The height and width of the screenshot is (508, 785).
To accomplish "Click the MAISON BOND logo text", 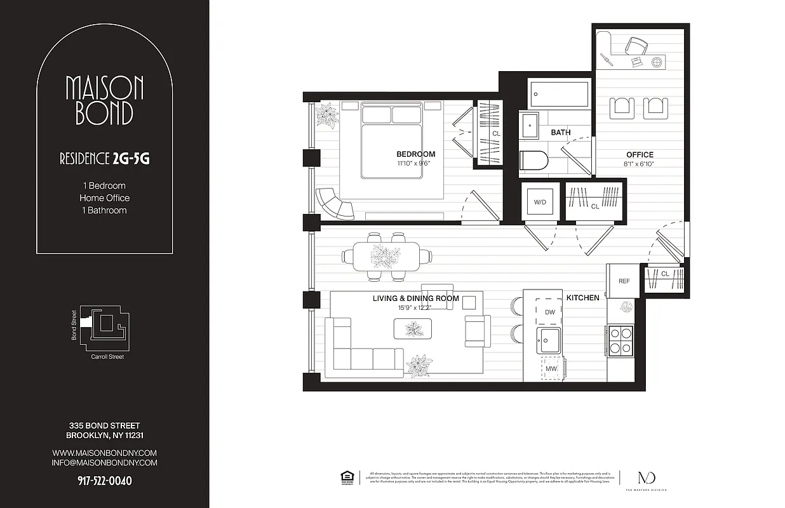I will (x=105, y=100).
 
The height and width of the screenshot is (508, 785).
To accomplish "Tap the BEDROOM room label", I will (x=415, y=154).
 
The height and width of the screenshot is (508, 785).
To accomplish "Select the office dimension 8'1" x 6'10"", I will (x=640, y=164).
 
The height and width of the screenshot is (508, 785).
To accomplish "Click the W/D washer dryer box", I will (x=540, y=203).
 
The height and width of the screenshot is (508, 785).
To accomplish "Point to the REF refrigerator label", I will (x=624, y=281).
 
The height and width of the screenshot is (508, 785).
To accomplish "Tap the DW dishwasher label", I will (x=550, y=312).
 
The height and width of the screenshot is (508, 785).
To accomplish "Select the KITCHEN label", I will (x=582, y=297).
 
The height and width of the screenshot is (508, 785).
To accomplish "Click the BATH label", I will (x=560, y=133).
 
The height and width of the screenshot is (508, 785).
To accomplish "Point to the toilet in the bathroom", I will (x=533, y=161).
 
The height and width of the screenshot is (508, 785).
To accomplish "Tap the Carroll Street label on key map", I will (x=107, y=357).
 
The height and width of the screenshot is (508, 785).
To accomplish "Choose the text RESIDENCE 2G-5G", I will (x=105, y=159).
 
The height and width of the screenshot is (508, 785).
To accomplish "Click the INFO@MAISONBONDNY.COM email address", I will (x=105, y=463).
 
